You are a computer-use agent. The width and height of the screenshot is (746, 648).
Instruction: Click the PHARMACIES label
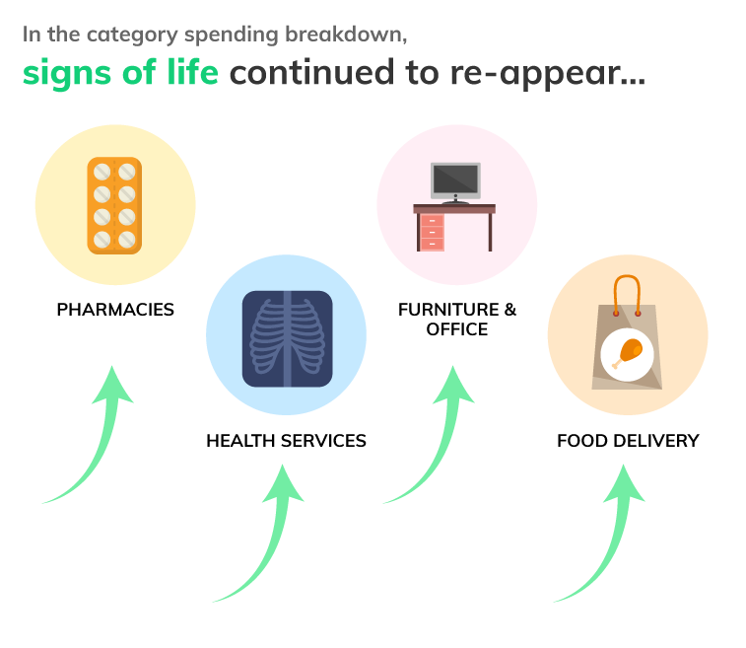(115, 310)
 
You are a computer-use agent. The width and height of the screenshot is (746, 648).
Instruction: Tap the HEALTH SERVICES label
(287, 441)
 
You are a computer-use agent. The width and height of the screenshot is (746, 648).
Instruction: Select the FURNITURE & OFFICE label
(457, 320)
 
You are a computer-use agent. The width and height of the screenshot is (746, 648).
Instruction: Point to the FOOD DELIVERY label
(628, 441)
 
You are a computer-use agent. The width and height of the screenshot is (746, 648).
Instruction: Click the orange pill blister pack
(114, 206)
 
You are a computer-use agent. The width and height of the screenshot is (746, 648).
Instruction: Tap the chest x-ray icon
(288, 338)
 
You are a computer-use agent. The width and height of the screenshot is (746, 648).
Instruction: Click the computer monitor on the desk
(455, 182)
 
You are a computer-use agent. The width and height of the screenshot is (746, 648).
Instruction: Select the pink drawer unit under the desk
(432, 233)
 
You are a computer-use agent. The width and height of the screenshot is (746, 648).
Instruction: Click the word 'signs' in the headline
(67, 74)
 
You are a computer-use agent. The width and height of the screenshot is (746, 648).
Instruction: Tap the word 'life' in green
(192, 71)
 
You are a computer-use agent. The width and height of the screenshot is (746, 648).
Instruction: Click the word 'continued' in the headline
(311, 71)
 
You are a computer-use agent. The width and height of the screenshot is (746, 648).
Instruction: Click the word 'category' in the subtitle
(132, 36)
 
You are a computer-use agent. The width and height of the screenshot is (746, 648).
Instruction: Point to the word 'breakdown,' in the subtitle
(346, 35)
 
